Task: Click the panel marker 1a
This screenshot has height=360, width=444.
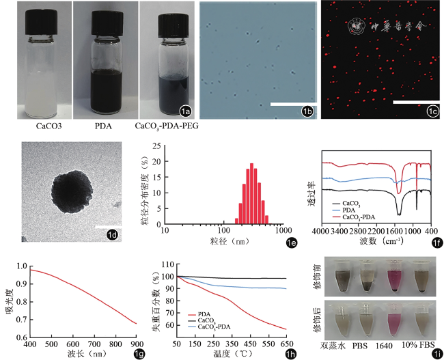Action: [x=184, y=111]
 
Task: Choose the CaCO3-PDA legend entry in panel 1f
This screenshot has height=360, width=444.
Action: [x=356, y=217]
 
